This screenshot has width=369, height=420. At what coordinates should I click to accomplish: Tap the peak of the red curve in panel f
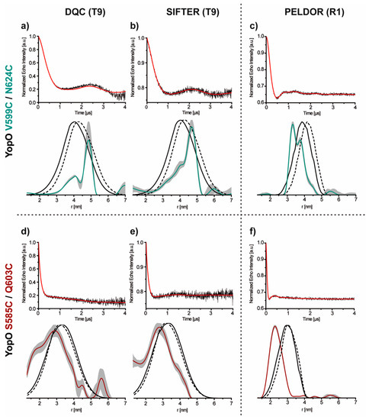pyautogui.click(x=274, y=327)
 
